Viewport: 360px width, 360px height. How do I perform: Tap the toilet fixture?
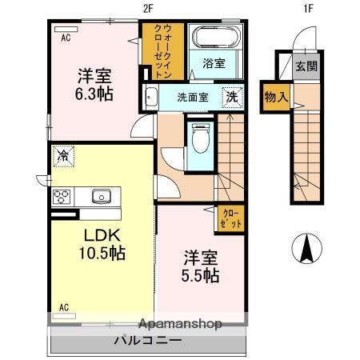pos(201,138)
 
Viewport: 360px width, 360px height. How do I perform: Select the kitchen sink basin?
pos(102,196)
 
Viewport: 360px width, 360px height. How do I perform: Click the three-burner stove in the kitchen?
pos(62,197)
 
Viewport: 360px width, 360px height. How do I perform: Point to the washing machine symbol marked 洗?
pos(232,97)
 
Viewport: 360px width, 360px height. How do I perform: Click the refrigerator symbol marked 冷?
pos(63,156)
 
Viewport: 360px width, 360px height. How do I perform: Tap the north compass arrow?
pos(307,248)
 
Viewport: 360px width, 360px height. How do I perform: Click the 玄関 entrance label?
pos(306,66)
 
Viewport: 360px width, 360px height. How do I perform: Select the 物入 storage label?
pos(276,97)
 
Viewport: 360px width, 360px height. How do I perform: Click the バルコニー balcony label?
pos(148,340)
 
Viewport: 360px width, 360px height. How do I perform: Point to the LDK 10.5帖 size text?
pos(102,244)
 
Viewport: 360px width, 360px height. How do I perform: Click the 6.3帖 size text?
pos(94,94)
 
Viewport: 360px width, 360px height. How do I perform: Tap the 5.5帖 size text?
pos(200,275)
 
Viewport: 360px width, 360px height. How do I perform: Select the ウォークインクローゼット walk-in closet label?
pos(163,50)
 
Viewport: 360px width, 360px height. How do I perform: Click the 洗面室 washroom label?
pos(193,98)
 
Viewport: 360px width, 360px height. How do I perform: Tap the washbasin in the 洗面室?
pos(151,97)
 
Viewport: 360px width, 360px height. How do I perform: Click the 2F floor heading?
pos(148,9)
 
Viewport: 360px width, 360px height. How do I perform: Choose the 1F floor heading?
pos(308,9)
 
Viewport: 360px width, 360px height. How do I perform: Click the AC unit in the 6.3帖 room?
pos(66,30)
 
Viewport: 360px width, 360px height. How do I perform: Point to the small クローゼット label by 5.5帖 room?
pos(230,218)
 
